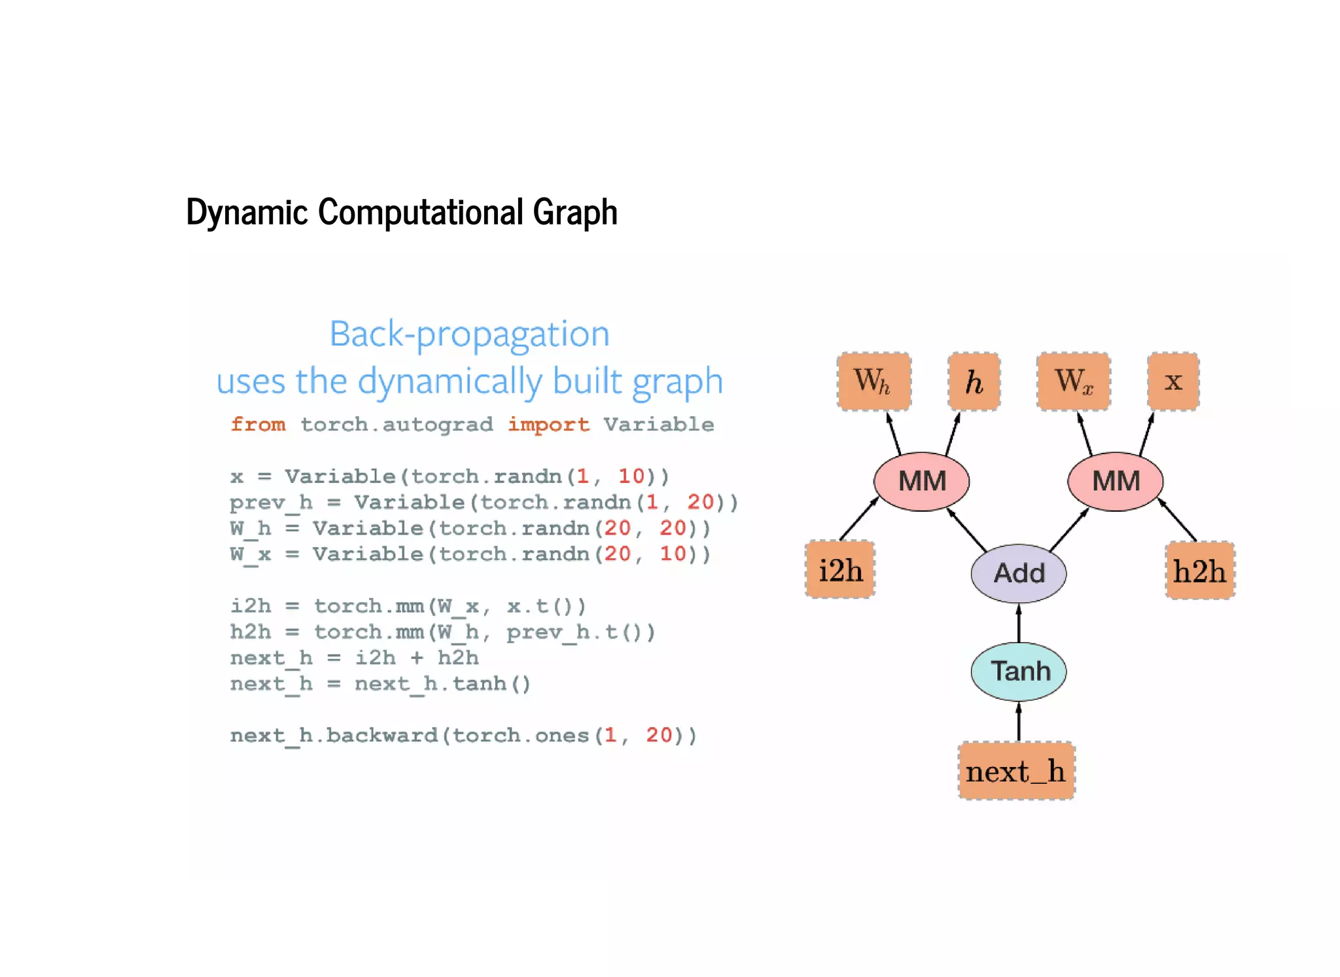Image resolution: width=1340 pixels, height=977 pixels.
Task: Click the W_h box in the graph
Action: pos(873,382)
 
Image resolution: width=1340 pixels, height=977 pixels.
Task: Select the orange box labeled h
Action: pos(974,382)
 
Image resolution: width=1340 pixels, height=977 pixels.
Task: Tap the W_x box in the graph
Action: pos(1073,382)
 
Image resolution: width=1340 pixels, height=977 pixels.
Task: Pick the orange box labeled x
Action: pos(1173,382)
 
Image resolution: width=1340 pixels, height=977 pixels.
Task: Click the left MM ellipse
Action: pos(921,482)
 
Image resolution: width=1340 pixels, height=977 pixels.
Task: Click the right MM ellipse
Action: pos(1115,482)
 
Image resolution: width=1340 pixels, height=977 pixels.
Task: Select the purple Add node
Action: pos(1018,573)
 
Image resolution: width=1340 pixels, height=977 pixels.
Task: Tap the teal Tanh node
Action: pos(1018,671)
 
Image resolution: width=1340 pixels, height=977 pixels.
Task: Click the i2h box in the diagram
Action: pos(840,570)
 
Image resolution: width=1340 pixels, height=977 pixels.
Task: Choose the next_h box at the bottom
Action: pos(1016,771)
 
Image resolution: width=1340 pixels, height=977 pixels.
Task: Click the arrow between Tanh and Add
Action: pos(1018,623)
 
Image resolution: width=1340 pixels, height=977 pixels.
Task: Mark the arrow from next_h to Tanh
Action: pos(1018,721)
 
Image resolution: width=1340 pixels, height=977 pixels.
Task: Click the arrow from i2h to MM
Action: pos(858,519)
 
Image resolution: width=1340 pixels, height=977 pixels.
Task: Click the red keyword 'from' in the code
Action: pos(258,424)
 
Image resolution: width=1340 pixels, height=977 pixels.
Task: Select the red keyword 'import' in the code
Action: pos(548,425)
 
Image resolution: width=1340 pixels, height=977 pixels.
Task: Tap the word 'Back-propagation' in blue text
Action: pos(469,334)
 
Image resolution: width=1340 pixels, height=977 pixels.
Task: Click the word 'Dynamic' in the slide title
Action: pos(247,212)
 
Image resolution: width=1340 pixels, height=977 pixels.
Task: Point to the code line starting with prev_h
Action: pos(484,503)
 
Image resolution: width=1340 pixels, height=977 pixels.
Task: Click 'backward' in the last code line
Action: pos(381,736)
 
